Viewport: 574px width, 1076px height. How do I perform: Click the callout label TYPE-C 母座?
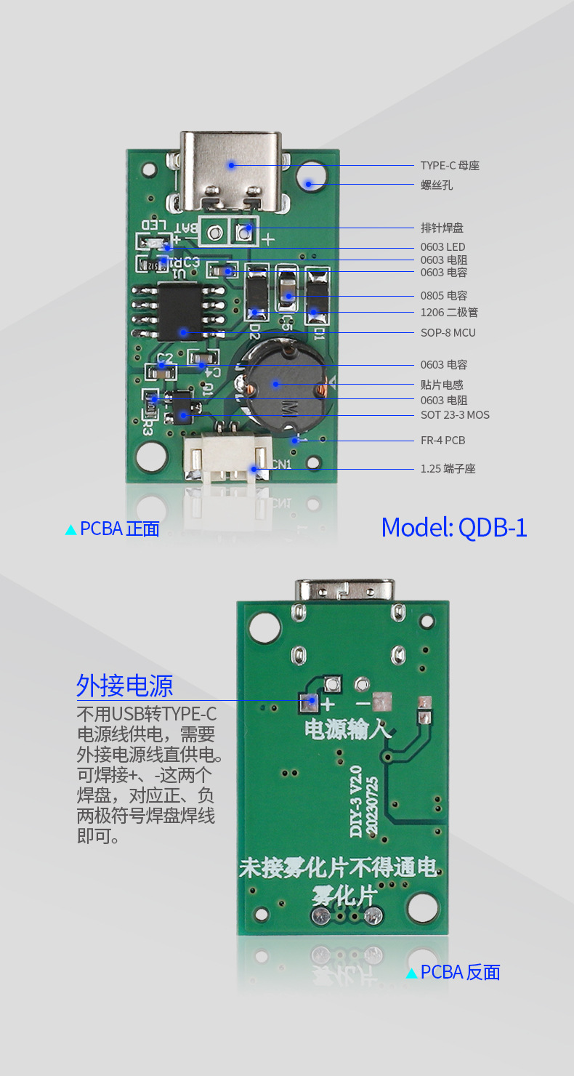pyautogui.click(x=450, y=166)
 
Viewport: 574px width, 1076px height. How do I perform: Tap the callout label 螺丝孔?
pyautogui.click(x=437, y=185)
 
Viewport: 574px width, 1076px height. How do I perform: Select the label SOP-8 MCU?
pyautogui.click(x=448, y=333)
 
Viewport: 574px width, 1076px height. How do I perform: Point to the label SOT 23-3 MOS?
pyautogui.click(x=455, y=415)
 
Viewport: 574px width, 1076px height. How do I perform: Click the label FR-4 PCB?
pyautogui.click(x=442, y=441)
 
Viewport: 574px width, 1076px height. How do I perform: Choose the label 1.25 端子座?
pyautogui.click(x=448, y=469)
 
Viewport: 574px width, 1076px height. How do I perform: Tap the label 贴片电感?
pyautogui.click(x=442, y=385)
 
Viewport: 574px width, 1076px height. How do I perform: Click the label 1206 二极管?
pyautogui.click(x=449, y=313)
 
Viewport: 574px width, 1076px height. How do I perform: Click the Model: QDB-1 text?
pyautogui.click(x=454, y=527)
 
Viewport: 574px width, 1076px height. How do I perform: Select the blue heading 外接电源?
pyautogui.click(x=125, y=686)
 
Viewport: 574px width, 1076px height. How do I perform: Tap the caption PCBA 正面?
pyautogui.click(x=119, y=529)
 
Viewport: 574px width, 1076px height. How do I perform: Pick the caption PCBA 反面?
pyautogui.click(x=460, y=972)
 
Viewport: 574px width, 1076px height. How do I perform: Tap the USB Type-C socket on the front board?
pyautogui.click(x=231, y=170)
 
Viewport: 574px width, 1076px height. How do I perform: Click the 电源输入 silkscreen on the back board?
pyautogui.click(x=347, y=728)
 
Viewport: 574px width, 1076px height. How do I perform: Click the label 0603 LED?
pyautogui.click(x=442, y=247)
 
